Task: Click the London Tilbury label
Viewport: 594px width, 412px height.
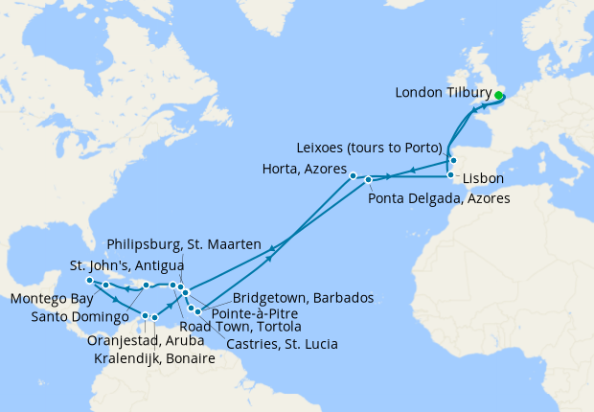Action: [443, 93]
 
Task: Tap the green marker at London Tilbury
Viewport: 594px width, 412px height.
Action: [499, 95]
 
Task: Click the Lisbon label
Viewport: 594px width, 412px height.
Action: [482, 179]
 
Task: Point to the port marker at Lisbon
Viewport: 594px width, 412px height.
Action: [451, 176]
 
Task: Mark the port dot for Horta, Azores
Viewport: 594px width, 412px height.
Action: [354, 175]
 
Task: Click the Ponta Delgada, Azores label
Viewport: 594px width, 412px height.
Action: [439, 198]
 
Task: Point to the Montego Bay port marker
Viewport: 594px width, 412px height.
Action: [88, 281]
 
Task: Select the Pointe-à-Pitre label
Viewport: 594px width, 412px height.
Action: [255, 313]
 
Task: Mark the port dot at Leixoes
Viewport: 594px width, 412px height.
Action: [453, 160]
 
